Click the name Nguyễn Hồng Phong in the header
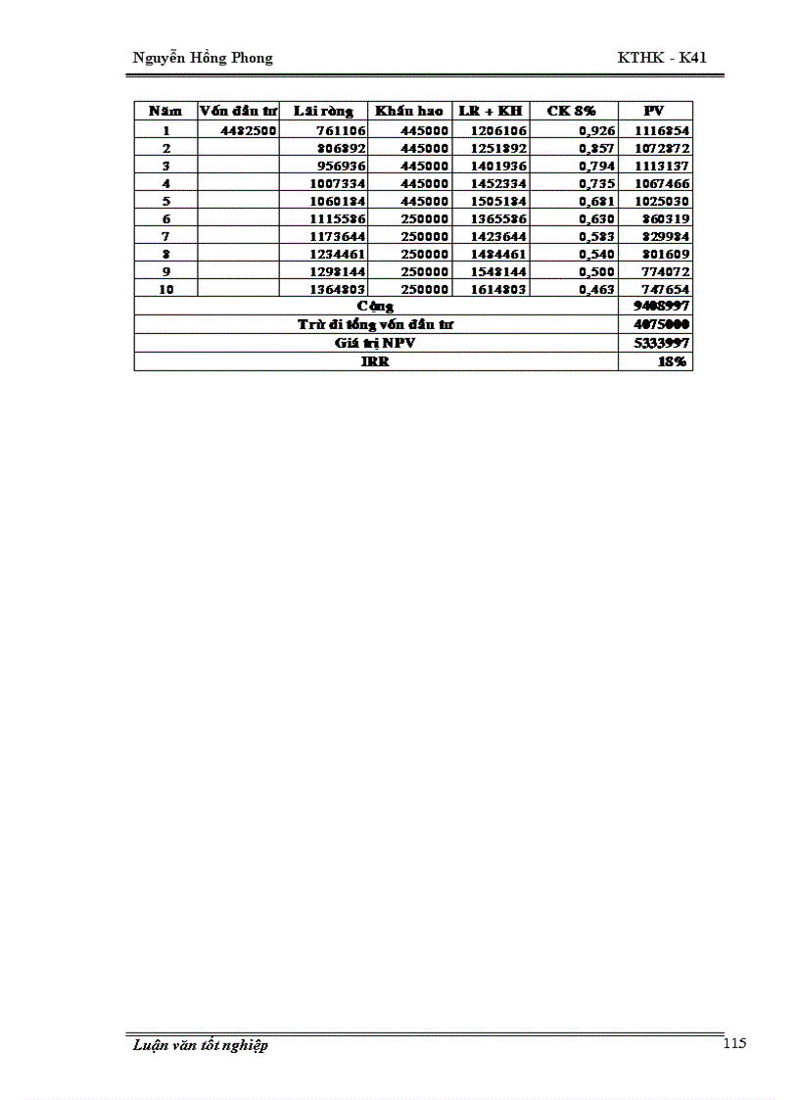point(203,58)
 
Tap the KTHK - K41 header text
point(662,58)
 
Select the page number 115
point(734,1043)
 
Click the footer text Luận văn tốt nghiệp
point(201,1045)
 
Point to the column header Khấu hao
point(409,111)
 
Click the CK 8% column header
point(571,111)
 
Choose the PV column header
point(654,111)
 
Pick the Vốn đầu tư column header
point(238,111)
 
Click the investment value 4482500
point(249,130)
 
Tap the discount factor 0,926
point(596,130)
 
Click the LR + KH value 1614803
point(498,289)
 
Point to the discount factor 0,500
point(596,271)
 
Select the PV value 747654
point(662,289)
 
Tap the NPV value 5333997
point(662,343)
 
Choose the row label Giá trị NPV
point(375,343)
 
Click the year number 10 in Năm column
point(165,289)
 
